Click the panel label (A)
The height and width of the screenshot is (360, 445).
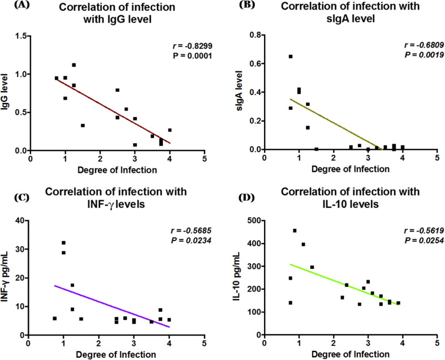(12, 6)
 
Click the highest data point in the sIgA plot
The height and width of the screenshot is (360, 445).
(291, 57)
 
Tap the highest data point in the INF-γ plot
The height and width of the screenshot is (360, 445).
(63, 243)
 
